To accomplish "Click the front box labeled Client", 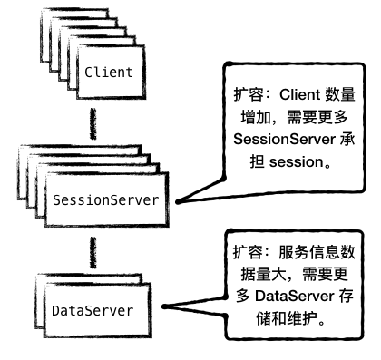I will tap(109, 71).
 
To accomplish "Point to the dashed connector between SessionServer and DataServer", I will tap(91, 250).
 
